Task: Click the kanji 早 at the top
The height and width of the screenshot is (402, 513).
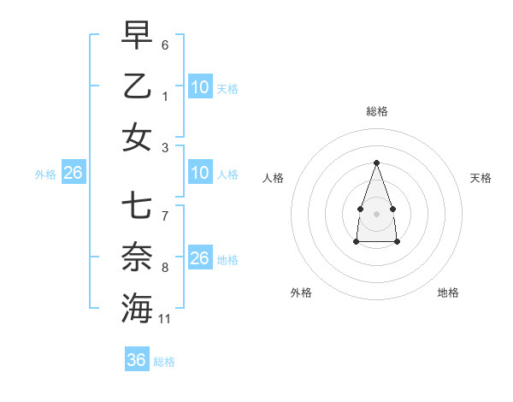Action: pos(137,35)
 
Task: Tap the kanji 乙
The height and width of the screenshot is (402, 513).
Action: pos(137,86)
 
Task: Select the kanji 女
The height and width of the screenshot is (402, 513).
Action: pos(137,138)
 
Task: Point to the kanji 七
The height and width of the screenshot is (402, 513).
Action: pos(137,206)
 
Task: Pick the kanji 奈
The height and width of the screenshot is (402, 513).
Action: pos(137,257)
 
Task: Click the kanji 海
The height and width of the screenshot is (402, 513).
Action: pos(137,309)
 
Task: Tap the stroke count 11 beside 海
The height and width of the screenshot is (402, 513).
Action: pos(166,319)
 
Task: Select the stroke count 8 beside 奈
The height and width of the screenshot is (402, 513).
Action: pos(165,268)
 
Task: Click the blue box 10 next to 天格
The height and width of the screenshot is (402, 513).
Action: pos(200,87)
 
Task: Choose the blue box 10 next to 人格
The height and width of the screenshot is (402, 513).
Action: pos(200,173)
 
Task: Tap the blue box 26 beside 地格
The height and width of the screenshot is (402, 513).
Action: pos(200,258)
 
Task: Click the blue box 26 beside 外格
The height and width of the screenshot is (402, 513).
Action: pos(74,173)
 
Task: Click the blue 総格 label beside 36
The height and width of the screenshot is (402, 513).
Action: pos(165,362)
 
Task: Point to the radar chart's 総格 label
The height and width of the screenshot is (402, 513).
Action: pos(376,111)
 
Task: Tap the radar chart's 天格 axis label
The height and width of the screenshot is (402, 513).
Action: pos(481,178)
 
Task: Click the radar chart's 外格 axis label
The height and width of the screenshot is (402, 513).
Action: pos(301,293)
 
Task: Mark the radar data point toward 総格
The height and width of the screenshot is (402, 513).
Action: pos(376,163)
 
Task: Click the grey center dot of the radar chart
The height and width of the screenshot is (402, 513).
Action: pos(376,212)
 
